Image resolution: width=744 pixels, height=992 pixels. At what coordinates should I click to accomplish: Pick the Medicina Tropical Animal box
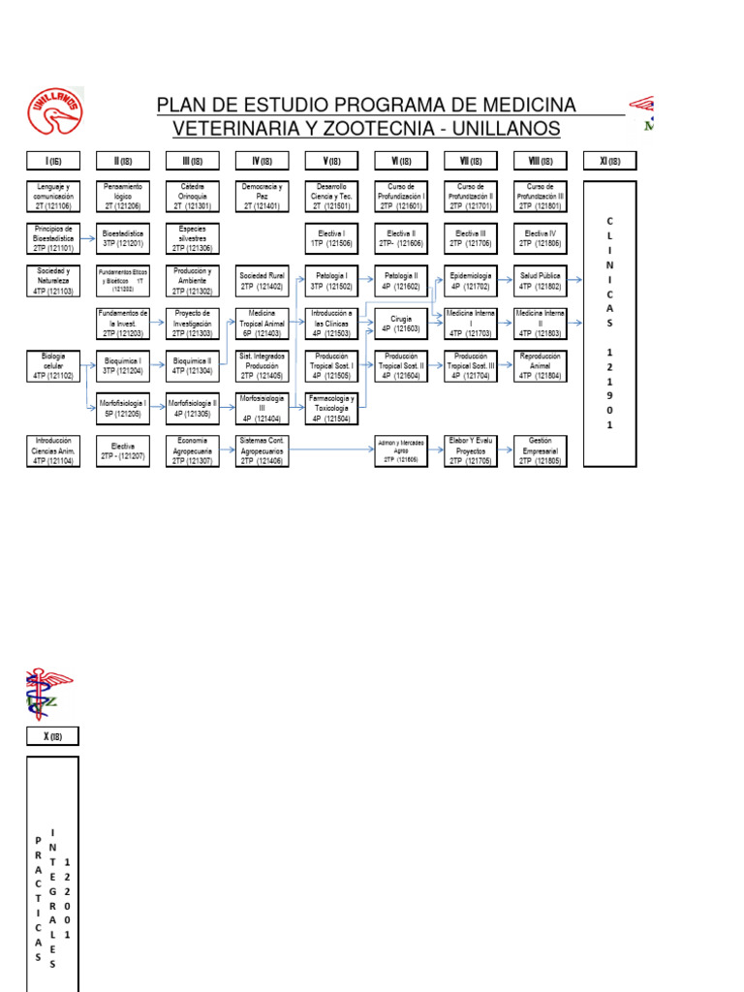coord(262,320)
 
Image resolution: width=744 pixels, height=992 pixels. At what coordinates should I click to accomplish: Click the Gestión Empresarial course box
coord(540,449)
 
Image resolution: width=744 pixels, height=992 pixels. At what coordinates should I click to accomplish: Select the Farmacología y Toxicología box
coord(331,408)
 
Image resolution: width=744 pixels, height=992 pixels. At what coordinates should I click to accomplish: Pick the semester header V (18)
coord(331,161)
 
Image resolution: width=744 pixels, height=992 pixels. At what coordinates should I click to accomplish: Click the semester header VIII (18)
coord(540,161)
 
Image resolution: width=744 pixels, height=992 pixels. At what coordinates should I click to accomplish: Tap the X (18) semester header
coord(52,736)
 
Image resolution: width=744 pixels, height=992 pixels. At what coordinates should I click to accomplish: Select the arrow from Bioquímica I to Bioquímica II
coord(158,364)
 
